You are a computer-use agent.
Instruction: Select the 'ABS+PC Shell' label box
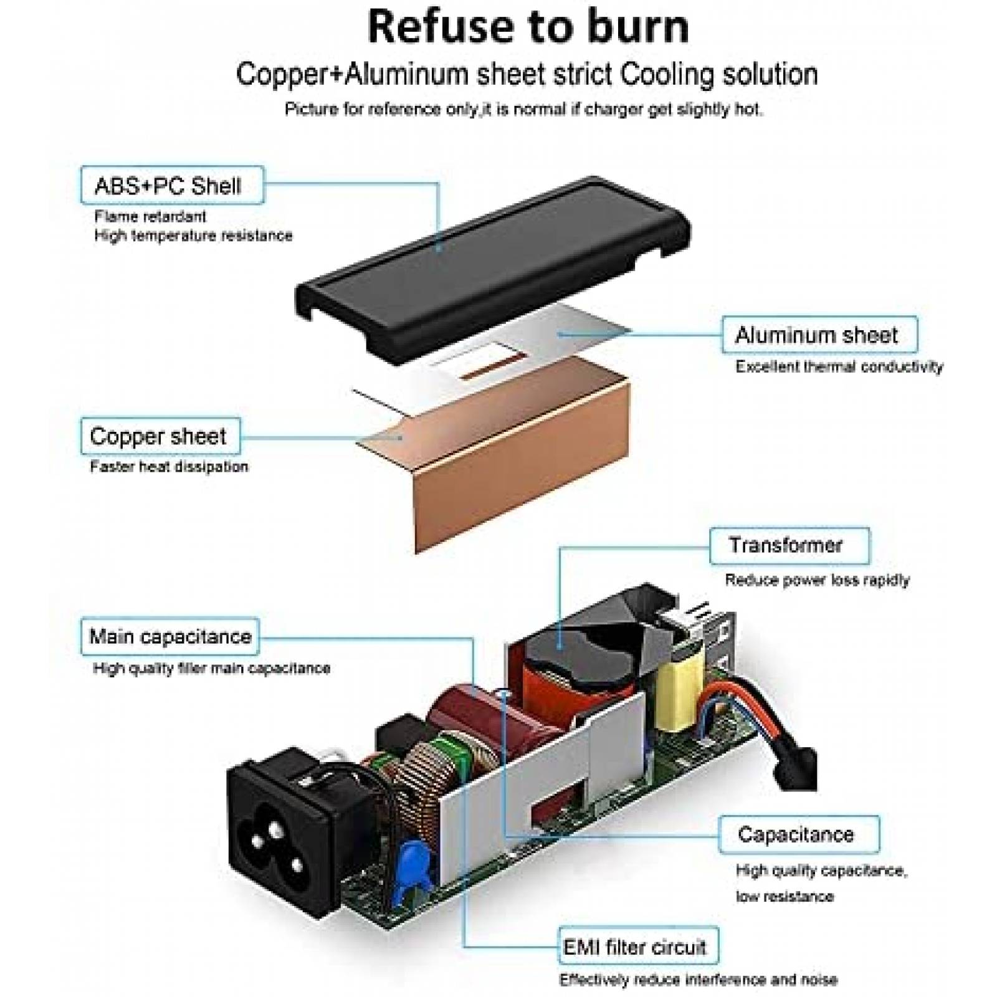tap(172, 185)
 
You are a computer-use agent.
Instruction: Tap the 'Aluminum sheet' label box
tap(819, 335)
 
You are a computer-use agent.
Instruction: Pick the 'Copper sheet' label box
tap(160, 436)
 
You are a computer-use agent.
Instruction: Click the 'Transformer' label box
tap(789, 546)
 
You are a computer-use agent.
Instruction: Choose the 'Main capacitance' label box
tap(169, 636)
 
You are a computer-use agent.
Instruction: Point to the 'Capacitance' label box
tap(798, 834)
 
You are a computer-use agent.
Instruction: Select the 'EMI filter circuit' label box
tap(637, 948)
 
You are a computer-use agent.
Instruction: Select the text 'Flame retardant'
tap(150, 216)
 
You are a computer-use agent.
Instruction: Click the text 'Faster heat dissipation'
tap(169, 466)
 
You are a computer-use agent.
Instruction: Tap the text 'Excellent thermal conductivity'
tap(839, 366)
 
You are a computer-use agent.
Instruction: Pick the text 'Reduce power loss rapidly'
tap(817, 580)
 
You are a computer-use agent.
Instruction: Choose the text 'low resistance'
tap(784, 896)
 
